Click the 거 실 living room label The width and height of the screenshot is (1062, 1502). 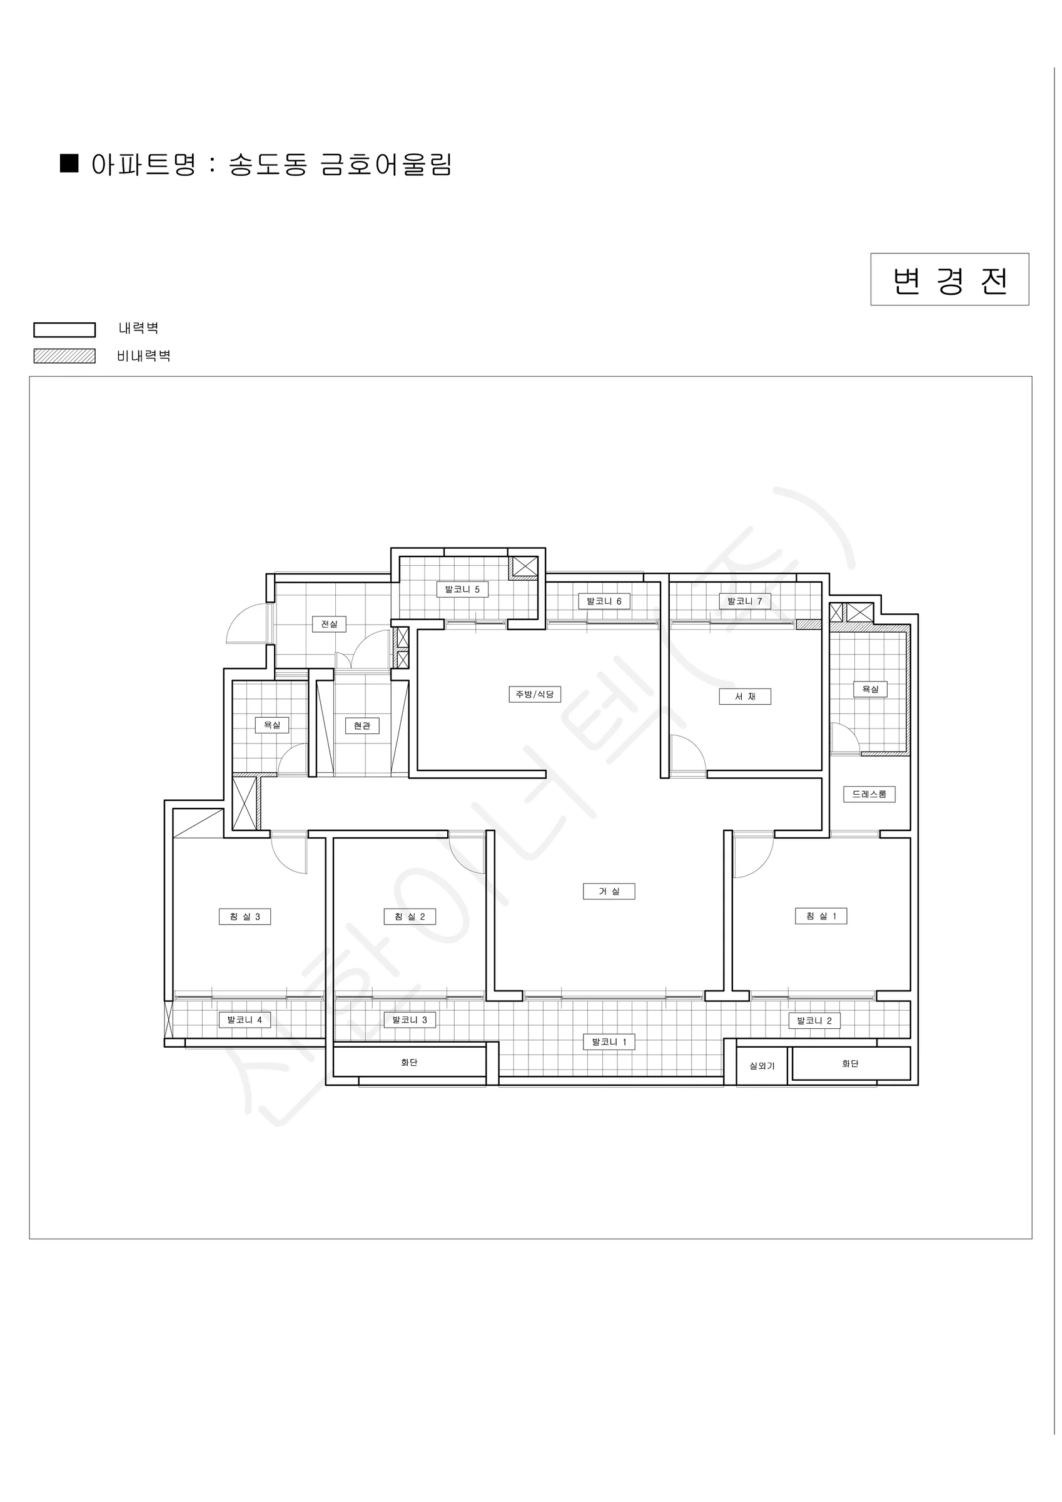tap(608, 891)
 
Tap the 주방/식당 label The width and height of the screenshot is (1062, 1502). tap(534, 694)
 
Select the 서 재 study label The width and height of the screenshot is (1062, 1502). tap(745, 697)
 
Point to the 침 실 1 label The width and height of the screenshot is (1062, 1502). tap(821, 916)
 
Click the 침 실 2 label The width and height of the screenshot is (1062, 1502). tap(410, 916)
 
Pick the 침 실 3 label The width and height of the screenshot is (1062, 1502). tap(245, 916)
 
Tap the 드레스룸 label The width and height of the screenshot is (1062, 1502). tap(869, 794)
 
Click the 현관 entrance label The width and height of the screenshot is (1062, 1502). tap(362, 725)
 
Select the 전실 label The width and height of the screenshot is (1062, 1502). tap(329, 624)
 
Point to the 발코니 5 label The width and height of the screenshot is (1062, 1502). tap(462, 590)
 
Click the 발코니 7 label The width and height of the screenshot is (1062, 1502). tap(745, 601)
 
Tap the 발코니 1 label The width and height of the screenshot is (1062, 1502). tap(609, 1042)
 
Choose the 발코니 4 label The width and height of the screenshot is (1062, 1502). tap(245, 1020)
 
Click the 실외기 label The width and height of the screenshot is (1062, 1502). tap(762, 1066)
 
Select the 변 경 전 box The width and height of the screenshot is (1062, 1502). tap(949, 279)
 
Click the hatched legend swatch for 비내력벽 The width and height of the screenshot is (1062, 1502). tap(64, 356)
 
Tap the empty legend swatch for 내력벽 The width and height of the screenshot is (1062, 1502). tap(64, 330)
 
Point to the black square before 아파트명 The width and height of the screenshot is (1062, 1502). tap(69, 163)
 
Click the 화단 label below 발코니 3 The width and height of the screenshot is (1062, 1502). tap(410, 1063)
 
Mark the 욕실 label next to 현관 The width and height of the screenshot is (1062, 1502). tap(272, 725)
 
